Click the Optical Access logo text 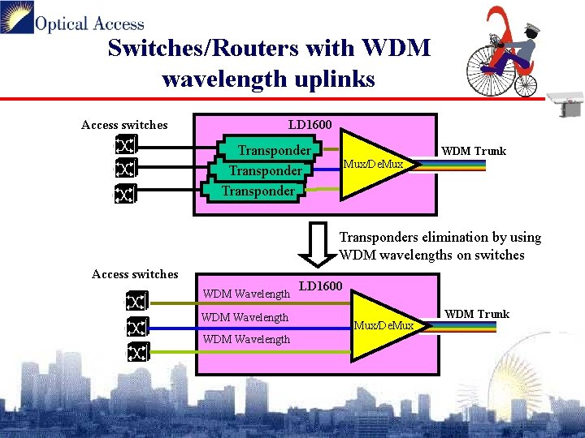89,24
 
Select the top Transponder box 273,150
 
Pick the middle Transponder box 265,171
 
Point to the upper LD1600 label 310,124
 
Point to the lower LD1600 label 321,286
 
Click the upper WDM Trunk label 473,151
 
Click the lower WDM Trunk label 477,314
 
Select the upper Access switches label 124,125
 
